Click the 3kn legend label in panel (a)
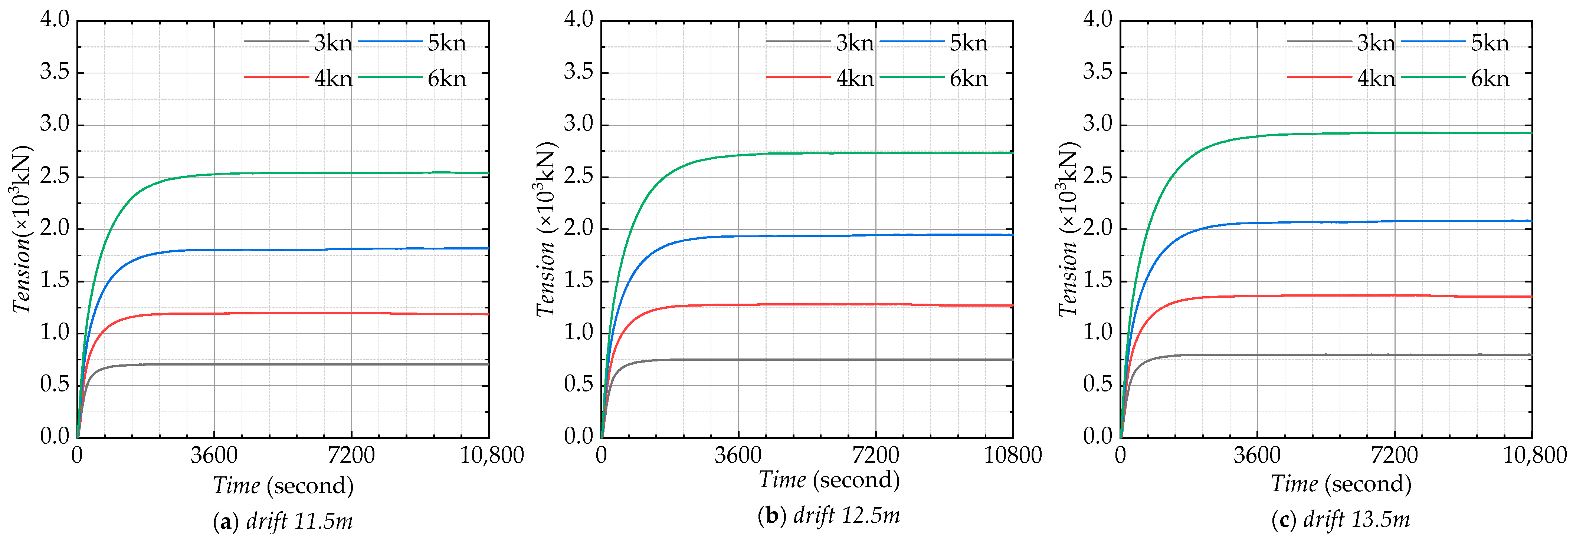[x=333, y=43]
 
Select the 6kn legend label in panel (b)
[x=969, y=79]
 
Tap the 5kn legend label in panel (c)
[x=1490, y=43]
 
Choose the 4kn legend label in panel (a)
[x=333, y=79]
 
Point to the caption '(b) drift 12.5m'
[x=829, y=516]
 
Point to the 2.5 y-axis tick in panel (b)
[x=578, y=177]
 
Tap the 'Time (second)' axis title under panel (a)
[x=283, y=486]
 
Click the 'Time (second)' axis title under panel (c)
[x=1341, y=484]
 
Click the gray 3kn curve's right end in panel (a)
[x=487, y=364]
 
